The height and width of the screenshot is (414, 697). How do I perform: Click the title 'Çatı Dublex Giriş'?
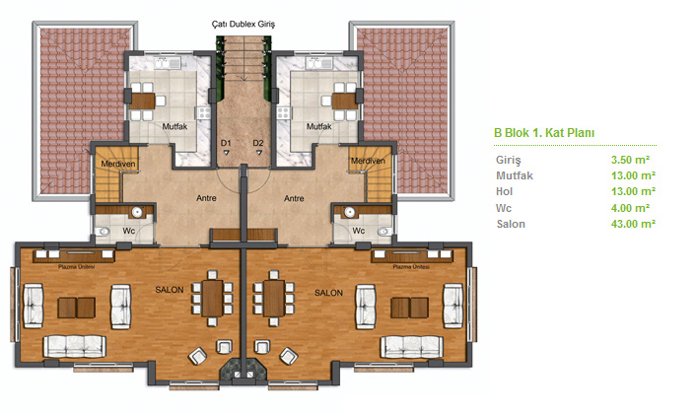point(244,24)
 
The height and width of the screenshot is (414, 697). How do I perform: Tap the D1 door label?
point(226,143)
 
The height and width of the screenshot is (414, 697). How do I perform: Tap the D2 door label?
point(258,143)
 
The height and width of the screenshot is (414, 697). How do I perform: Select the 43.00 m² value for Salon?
point(633,224)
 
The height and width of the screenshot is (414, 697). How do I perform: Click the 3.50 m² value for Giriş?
point(630,160)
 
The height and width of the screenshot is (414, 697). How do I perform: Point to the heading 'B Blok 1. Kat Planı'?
point(544,133)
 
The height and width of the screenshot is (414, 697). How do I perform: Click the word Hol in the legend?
point(504,191)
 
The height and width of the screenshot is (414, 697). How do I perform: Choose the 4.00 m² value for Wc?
point(630,208)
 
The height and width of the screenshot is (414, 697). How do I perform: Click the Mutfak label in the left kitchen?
point(174,127)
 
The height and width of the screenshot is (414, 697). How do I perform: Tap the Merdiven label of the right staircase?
point(368,161)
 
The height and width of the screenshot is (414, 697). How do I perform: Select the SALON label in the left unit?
point(170,290)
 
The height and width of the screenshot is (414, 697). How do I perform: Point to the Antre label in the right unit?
point(294,198)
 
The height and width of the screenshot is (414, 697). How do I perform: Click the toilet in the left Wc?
point(104,232)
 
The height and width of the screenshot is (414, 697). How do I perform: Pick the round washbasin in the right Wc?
point(350,212)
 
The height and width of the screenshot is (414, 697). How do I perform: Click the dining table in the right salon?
point(274,298)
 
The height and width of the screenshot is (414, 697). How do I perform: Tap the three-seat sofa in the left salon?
point(75,346)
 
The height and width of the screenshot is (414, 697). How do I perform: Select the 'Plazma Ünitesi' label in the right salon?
point(411,267)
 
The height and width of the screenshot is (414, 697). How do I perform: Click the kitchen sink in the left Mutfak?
point(168,64)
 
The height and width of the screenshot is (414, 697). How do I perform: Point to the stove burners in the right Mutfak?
point(283,113)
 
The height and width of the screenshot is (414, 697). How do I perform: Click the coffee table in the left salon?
point(77,308)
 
